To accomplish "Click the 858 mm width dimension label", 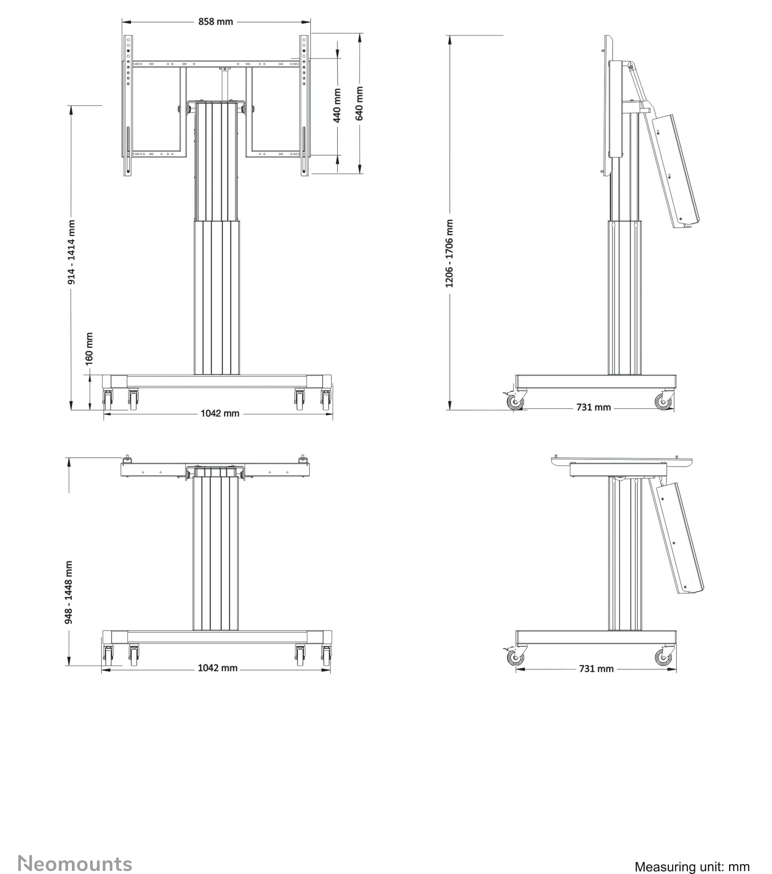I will [216, 22].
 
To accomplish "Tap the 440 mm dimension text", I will [337, 105].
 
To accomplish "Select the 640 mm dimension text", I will [360, 104].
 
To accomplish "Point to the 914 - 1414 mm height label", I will [72, 252].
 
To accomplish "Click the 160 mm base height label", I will [89, 349].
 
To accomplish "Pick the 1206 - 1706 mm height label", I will [449, 253].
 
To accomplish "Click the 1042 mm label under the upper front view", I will [220, 413].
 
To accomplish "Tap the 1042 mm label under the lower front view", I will [217, 668].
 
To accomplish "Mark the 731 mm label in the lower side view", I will [596, 669].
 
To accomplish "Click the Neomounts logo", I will [75, 864].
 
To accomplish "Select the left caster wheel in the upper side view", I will [515, 402].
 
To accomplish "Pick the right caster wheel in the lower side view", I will [663, 657].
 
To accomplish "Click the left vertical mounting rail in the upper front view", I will [128, 105].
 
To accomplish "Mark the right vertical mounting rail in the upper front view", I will [304, 105].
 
